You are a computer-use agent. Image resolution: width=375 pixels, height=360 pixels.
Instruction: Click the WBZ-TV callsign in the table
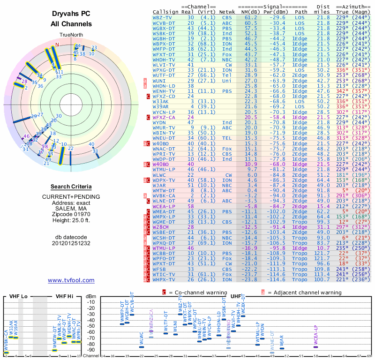tap(163, 17)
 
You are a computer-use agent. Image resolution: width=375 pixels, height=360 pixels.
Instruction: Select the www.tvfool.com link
tap(71, 280)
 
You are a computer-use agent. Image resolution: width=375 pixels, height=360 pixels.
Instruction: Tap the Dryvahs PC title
tap(71, 14)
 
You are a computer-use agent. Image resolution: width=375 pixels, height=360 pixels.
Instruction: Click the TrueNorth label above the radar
tap(71, 35)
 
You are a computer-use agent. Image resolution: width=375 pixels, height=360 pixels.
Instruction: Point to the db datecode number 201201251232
tap(71, 244)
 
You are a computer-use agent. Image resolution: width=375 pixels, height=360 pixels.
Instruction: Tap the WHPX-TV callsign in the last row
tap(164, 279)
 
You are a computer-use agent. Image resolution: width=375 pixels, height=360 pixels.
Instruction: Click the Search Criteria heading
tap(71, 187)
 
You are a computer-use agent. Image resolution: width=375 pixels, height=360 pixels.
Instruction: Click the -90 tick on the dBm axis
tap(91, 350)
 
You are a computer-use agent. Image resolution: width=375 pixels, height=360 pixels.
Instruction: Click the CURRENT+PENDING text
tap(71, 196)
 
